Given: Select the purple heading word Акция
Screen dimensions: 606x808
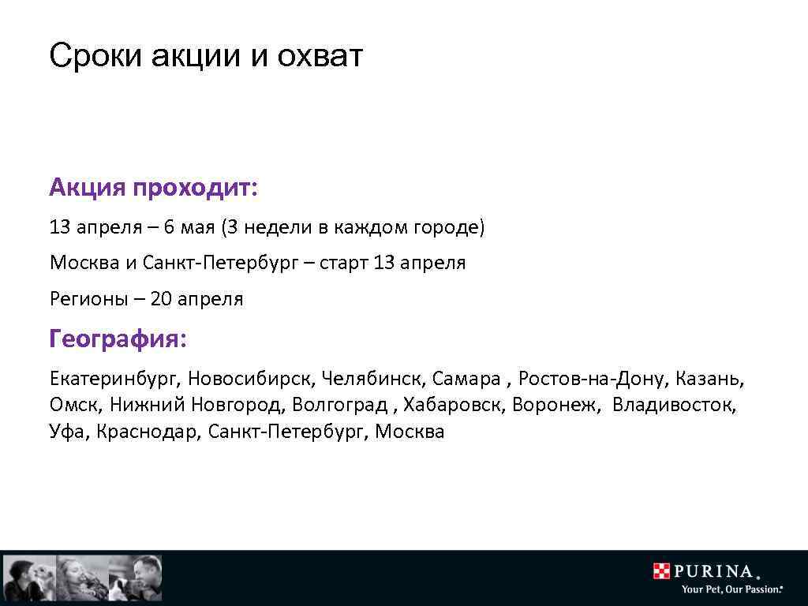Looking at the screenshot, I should click(88, 189).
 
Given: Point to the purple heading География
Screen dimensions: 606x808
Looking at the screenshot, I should click(118, 339).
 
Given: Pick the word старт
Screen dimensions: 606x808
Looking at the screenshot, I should click(344, 263).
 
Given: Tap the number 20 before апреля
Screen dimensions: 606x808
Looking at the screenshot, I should click(161, 299).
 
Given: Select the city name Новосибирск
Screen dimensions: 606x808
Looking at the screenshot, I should click(251, 380).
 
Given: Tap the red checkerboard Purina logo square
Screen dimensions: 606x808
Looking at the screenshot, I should click(661, 570).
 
